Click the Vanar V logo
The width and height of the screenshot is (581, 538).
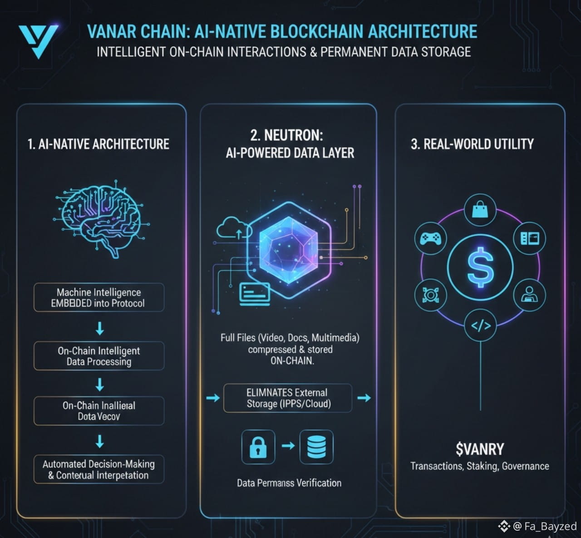coord(38,40)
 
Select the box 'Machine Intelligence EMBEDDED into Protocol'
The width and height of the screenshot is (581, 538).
coord(98,298)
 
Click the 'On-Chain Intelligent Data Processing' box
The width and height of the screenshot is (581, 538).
coord(98,356)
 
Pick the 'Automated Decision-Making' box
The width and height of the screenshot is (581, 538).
coord(98,469)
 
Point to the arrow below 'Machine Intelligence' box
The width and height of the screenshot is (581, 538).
coord(99,328)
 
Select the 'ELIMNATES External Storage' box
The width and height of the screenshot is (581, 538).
coord(288,398)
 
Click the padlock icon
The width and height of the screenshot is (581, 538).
coord(258,447)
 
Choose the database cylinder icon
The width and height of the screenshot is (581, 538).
coord(316,447)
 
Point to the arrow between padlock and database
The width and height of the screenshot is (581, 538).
coord(288,446)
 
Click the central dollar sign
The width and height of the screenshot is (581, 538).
coord(480,267)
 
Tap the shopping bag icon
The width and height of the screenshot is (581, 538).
coord(480,210)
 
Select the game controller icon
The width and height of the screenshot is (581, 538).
coord(430,238)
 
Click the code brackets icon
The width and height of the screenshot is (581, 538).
coord(481,326)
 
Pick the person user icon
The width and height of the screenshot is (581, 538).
coord(529,295)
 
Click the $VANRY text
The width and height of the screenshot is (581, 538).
coord(480,449)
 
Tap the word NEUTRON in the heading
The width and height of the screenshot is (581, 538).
coord(294,135)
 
